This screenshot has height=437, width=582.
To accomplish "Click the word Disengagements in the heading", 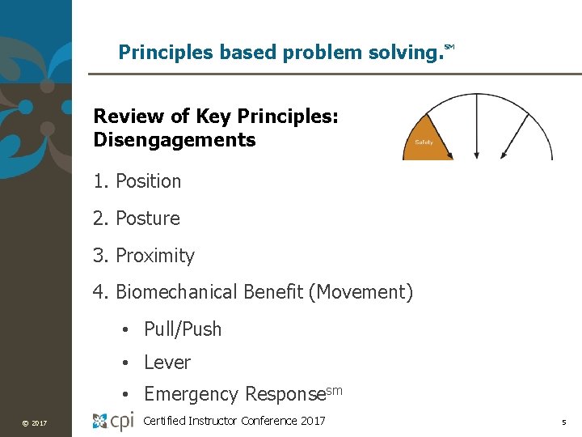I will tap(175, 140).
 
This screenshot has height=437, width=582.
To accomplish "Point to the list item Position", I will tap(148, 181).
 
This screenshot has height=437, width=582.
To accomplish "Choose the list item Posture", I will tap(147, 218).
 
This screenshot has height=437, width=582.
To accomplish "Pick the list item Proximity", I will tap(154, 256).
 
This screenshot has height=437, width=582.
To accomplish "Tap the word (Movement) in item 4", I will tap(361, 292).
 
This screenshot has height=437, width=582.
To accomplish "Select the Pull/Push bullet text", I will tap(182, 329).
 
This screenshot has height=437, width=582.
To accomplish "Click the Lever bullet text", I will tap(167, 363).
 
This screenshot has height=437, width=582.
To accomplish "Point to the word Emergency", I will tap(191, 394).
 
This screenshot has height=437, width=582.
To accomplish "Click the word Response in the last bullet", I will tap(285, 394).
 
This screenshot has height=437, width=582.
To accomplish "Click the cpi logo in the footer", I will tap(112, 421).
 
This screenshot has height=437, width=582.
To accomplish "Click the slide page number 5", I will tap(564, 422).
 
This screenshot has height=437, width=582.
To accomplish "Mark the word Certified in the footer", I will tap(166, 420).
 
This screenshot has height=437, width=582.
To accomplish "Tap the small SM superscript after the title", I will tap(449, 48).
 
